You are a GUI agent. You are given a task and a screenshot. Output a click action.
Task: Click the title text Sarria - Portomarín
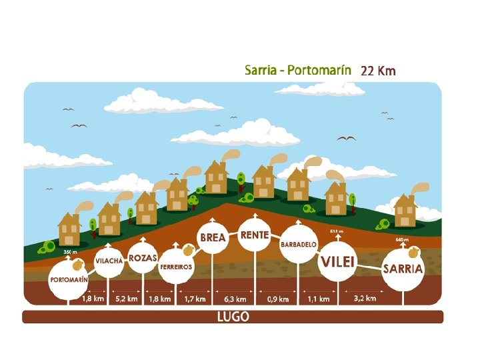point(299,70)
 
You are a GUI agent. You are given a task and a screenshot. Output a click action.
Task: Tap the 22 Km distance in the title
point(378,71)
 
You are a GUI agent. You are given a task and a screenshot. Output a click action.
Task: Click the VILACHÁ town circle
point(109,261)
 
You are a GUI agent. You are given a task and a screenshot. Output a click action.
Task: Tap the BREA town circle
point(213,238)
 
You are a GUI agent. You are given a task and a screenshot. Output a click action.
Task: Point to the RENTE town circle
point(255,235)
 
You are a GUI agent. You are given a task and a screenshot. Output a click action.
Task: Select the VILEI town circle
point(337,261)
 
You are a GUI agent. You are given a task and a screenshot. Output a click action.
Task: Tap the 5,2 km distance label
point(126,299)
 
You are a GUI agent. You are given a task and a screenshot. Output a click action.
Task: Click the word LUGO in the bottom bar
point(233,317)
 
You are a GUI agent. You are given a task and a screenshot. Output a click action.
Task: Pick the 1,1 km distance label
point(318,299)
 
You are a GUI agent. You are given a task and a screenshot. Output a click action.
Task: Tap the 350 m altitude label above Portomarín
point(71,253)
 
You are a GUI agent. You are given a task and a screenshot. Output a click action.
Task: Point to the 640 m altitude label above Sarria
point(401,239)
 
